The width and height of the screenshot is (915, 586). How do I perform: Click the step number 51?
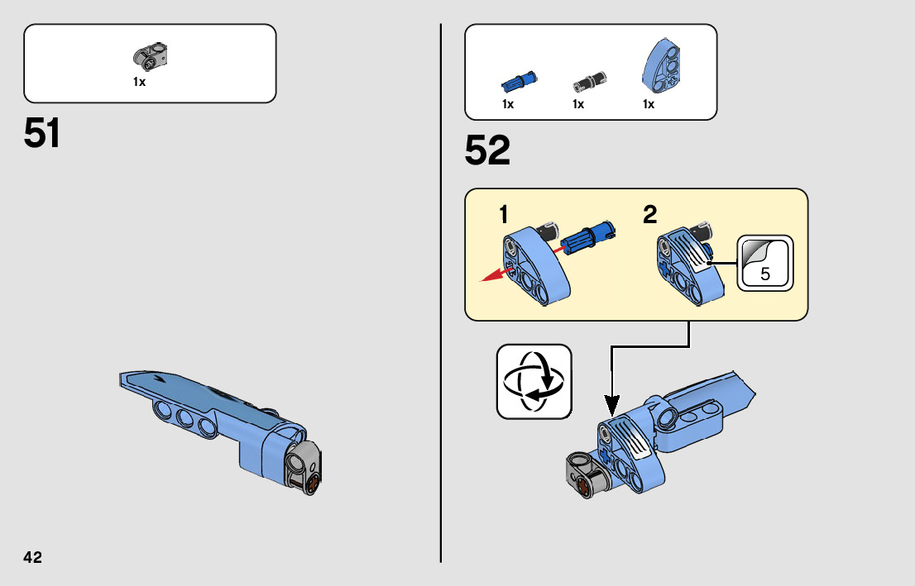coord(42,133)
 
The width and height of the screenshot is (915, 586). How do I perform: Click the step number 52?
coord(487,150)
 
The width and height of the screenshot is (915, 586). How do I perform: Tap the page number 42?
coord(32,557)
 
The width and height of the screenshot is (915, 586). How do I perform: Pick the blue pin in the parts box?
coord(520,81)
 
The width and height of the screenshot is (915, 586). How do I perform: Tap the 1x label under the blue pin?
coord(508,105)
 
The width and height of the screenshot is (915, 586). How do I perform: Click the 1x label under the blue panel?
coord(649,105)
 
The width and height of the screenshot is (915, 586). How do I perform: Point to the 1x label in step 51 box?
coord(139,82)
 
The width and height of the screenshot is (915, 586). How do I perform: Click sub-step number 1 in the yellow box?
coord(503,215)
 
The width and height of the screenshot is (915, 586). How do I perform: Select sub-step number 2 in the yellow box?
coord(650,215)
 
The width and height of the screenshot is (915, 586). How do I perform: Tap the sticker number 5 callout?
coord(764,264)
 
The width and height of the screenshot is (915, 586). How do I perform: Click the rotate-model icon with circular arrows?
coord(534,382)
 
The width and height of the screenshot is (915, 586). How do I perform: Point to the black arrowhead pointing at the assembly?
coord(611,405)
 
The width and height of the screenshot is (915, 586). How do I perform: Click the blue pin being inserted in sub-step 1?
coord(586,237)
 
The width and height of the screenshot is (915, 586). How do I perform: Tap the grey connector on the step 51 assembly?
coord(303,469)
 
